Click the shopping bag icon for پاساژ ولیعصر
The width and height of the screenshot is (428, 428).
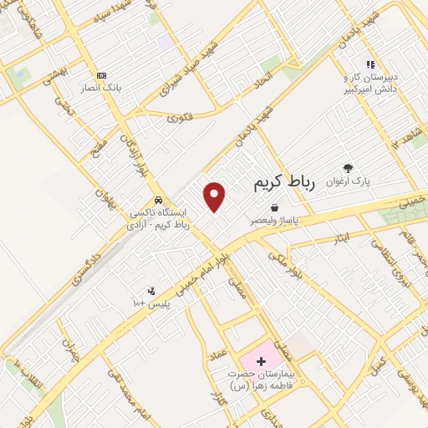274,207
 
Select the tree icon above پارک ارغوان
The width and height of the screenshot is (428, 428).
347,166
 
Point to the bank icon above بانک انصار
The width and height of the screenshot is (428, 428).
101,74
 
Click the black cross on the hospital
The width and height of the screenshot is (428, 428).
261,362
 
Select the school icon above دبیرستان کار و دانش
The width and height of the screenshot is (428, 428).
369,64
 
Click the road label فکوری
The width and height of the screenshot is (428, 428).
179,119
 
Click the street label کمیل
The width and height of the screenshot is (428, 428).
378,364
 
